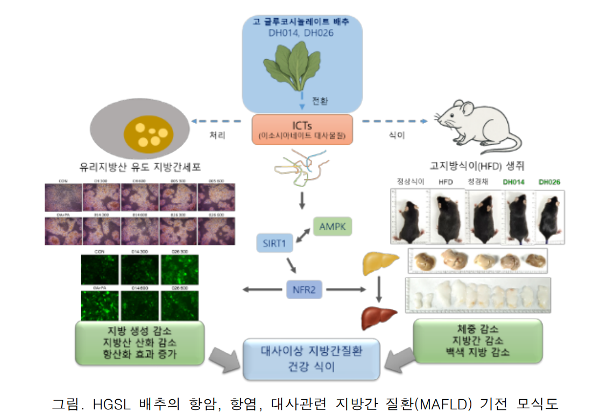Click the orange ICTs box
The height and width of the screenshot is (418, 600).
pyautogui.click(x=302, y=129)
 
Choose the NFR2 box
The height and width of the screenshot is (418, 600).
pyautogui.click(x=305, y=291)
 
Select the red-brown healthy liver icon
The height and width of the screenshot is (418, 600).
pyautogui.click(x=378, y=317)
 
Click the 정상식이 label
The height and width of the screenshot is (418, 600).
pyautogui.click(x=410, y=182)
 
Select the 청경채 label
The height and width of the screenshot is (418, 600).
pyautogui.click(x=478, y=182)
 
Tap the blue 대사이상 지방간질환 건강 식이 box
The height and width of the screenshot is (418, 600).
pyautogui.click(x=312, y=359)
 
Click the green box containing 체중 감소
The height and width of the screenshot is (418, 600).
pyautogui.click(x=477, y=341)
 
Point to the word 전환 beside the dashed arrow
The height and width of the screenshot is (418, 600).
pyautogui.click(x=320, y=101)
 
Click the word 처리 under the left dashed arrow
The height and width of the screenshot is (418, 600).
pyautogui.click(x=217, y=136)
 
